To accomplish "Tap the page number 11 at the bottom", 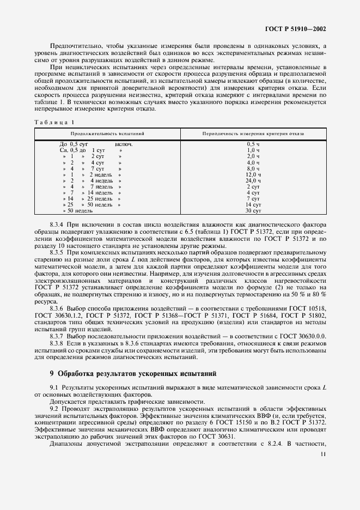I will tap(323, 453).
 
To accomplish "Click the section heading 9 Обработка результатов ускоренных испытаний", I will tap(133, 374).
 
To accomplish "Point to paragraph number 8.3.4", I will tap(57, 224).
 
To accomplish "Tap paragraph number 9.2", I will tap(54, 408).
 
